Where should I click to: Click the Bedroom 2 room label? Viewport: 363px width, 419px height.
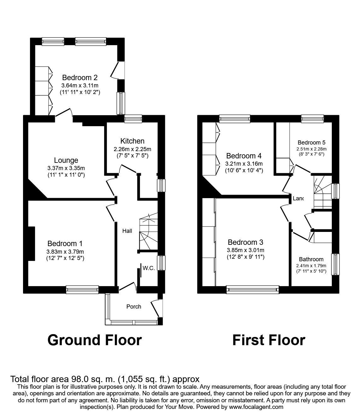coord(80,78)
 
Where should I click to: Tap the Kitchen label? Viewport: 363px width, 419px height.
coord(132,141)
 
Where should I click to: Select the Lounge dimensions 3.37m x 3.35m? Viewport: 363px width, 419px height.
coord(66,168)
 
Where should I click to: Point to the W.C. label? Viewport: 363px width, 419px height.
coord(149,268)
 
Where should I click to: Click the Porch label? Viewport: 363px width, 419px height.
coord(134,306)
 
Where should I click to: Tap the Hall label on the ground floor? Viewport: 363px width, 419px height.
coord(127,231)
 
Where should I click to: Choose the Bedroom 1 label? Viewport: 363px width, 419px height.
coord(65,244)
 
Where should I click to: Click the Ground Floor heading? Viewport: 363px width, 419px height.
coord(94,340)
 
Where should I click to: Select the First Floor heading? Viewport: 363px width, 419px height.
coord(269,340)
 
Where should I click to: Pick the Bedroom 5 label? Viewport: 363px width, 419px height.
coord(312,143)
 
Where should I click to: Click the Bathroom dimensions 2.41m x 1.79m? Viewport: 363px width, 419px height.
coord(311,266)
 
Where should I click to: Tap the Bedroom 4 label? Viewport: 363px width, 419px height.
coord(244,156)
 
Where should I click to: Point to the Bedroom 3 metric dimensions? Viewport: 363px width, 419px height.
coord(245,250)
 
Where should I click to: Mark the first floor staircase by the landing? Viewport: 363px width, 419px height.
coord(323,192)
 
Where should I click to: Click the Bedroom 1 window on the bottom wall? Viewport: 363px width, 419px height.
coord(82,290)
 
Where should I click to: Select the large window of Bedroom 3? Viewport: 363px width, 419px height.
coord(253,290)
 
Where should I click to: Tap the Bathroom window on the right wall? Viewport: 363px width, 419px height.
coord(335,264)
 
